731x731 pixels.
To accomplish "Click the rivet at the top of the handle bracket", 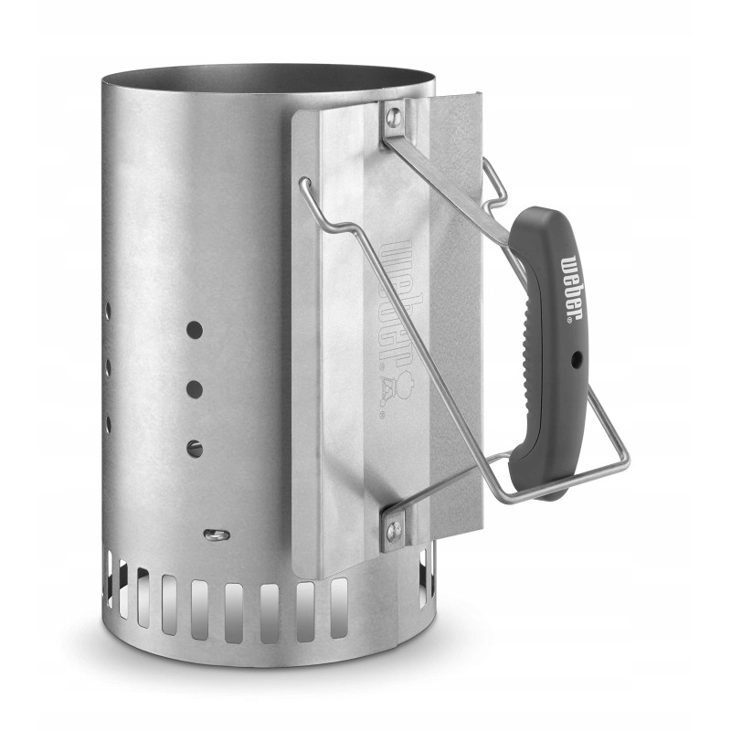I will coord(394,116).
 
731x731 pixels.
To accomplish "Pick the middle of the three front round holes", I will coord(195,388).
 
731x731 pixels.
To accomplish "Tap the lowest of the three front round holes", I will coord(195,447).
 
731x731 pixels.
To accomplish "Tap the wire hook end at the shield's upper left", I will coord(304,185).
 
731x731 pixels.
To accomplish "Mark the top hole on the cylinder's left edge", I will coord(107,311).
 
